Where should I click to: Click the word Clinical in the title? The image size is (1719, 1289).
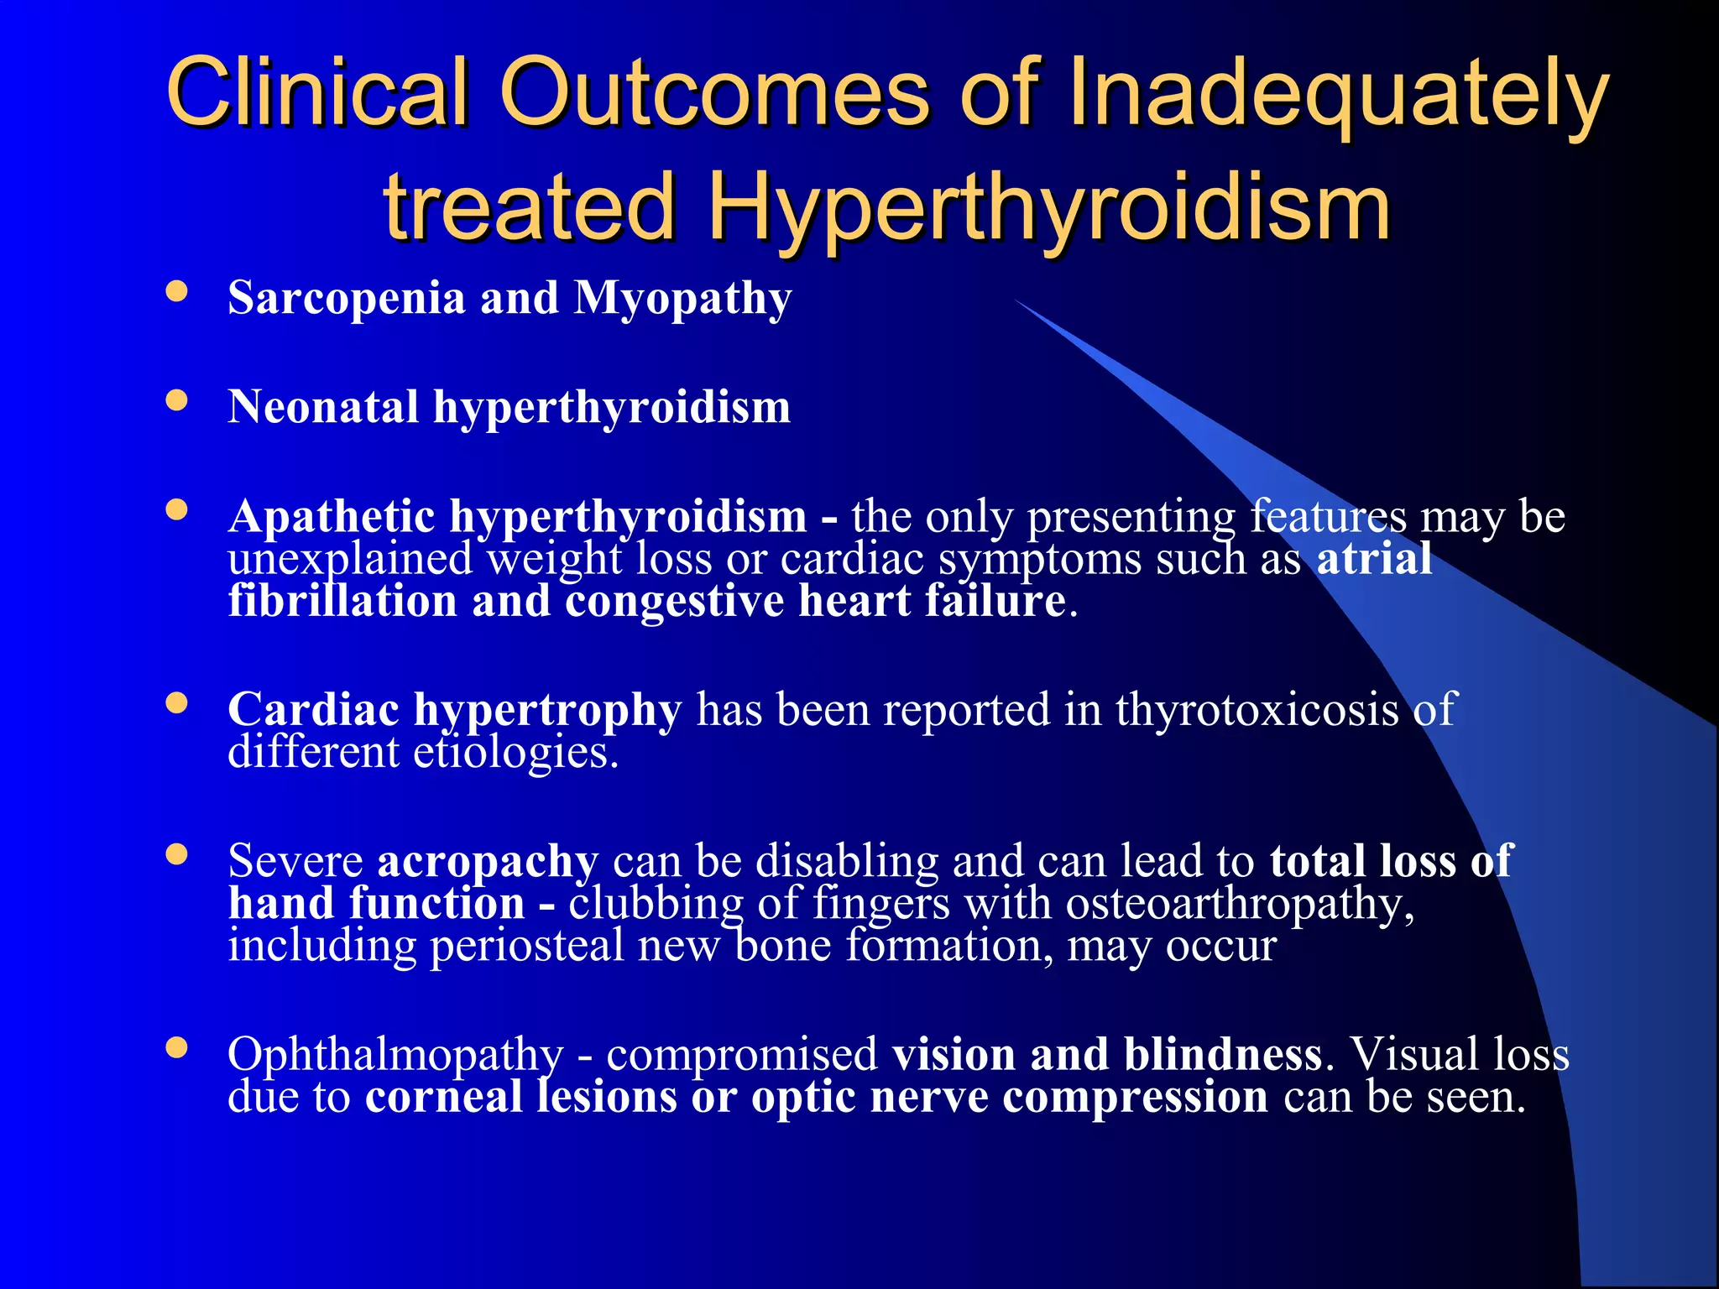316,91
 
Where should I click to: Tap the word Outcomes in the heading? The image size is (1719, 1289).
713,91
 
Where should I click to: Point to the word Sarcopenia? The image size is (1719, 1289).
346,298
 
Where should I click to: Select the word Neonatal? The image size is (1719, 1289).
323,407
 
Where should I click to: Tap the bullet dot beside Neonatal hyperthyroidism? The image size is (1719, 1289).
176,400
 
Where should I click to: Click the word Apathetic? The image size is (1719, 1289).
332,516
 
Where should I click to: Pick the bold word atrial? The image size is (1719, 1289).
1374,559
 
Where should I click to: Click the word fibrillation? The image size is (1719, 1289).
342,602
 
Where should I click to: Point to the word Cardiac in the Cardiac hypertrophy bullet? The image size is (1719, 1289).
313,710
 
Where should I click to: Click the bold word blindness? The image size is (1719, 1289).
1223,1055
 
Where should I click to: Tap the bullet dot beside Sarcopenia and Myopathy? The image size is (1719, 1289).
176,291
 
